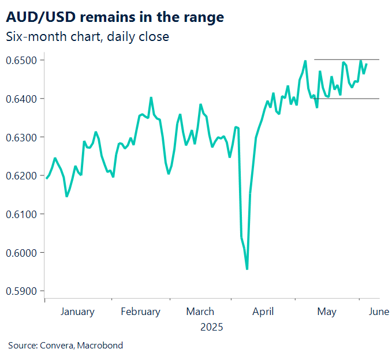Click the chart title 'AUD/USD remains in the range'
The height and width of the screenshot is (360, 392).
(x=115, y=17)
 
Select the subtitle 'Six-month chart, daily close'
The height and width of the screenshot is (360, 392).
(x=87, y=37)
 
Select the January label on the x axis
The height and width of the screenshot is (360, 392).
(x=77, y=312)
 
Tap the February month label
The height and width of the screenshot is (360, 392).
(x=140, y=312)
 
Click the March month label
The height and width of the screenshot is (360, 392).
(x=200, y=312)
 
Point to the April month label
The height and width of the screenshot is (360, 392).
(x=263, y=312)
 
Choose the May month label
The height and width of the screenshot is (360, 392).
(x=327, y=312)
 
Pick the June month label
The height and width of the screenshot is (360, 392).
(x=378, y=312)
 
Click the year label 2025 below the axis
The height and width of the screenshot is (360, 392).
(x=211, y=327)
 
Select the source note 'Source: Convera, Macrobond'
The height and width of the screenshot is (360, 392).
(x=65, y=346)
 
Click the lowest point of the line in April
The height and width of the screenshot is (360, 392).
(x=247, y=269)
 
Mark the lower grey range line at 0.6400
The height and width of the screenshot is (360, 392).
(x=346, y=99)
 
